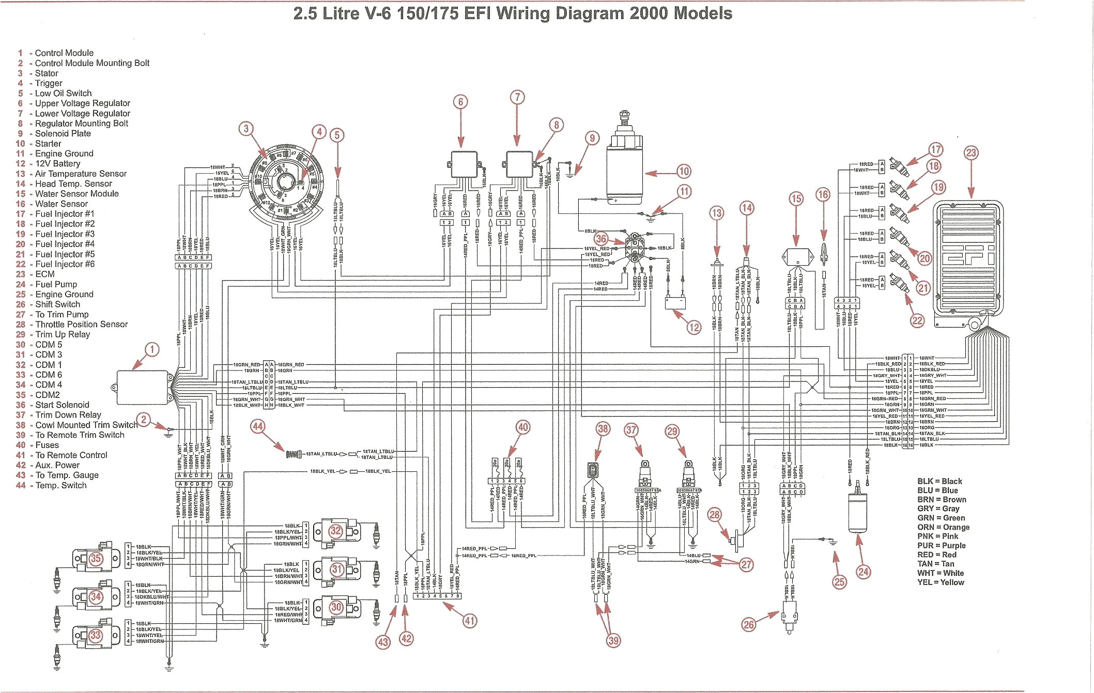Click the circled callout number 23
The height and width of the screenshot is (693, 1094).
971,152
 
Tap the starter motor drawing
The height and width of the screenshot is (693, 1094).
625,165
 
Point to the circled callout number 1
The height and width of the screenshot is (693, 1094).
152,349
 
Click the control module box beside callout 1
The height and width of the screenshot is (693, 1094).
144,388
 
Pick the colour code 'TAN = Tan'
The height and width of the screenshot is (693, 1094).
935,564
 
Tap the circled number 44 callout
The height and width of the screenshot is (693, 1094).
258,426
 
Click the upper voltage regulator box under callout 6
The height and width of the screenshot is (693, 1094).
464,164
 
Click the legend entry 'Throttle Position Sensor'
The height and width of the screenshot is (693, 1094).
81,325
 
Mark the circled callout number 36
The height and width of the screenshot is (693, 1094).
601,239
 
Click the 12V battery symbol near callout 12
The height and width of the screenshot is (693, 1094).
675,302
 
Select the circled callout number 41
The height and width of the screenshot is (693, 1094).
469,621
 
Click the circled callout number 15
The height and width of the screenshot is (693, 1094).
796,199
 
